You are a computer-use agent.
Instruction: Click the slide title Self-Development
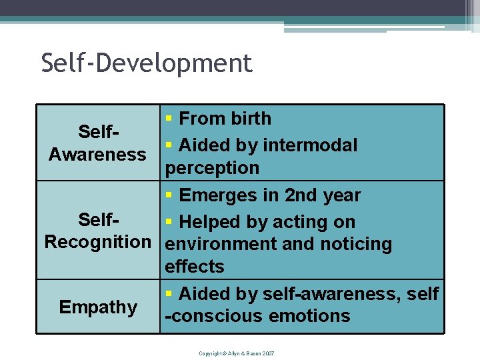(147, 63)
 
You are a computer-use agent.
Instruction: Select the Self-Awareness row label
(97, 143)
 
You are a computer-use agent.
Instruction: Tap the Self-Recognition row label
(98, 230)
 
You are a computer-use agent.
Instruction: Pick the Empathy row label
(98, 307)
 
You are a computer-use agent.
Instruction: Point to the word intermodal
(310, 145)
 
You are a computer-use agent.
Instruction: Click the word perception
(212, 168)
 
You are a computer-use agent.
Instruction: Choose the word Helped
(209, 222)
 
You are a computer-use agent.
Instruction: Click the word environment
(221, 244)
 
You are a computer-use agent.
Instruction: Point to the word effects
(194, 267)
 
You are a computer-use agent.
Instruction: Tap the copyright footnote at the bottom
(236, 353)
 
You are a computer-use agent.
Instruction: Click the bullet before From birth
(169, 119)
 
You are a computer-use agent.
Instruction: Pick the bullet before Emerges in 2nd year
(169, 196)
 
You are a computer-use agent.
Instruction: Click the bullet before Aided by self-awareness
(169, 293)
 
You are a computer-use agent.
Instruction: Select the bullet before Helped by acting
(169, 222)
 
